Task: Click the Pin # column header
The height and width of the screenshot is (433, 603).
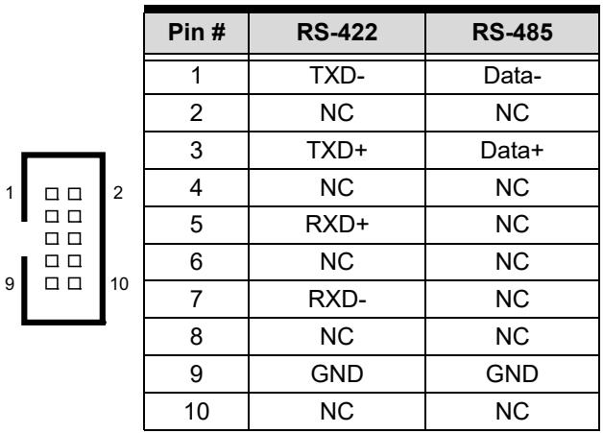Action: tap(197, 32)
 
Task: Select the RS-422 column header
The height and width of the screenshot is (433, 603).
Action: tap(337, 32)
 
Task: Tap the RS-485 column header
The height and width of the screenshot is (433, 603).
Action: tap(512, 32)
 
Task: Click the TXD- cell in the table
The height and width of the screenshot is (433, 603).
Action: tap(337, 76)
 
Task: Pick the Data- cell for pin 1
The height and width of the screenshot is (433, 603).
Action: tap(512, 76)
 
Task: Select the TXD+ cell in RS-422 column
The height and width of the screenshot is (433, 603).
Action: tap(337, 151)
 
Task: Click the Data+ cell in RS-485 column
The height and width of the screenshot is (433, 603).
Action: tap(512, 151)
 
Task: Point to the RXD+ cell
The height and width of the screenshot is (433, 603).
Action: tap(337, 225)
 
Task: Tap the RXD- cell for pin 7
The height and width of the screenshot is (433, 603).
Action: tap(337, 300)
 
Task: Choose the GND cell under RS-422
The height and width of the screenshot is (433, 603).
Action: tap(337, 373)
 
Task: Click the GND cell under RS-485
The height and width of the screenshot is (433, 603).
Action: tap(512, 373)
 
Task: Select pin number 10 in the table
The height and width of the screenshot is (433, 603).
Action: tap(197, 411)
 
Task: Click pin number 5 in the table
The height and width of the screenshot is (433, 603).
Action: tap(196, 225)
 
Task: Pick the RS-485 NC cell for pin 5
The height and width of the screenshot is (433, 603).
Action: tap(512, 225)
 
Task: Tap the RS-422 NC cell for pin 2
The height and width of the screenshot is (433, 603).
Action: tap(337, 113)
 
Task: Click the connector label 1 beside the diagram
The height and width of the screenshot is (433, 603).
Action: tap(10, 193)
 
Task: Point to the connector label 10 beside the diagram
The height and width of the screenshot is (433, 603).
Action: tap(119, 284)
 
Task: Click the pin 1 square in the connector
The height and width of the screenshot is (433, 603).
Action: tap(52, 194)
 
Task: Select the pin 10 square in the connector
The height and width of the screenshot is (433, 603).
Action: tap(75, 284)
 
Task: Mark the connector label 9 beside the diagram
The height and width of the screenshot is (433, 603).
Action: tap(10, 284)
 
